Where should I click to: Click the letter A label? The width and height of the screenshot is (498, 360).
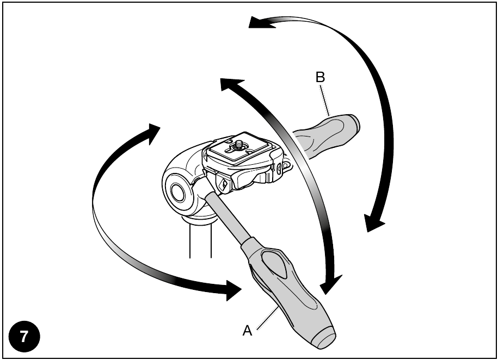click(x=247, y=331)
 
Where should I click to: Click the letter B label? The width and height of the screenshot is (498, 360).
click(x=320, y=77)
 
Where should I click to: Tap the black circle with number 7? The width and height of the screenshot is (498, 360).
click(x=24, y=337)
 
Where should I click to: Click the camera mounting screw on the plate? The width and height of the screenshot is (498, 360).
click(x=238, y=146)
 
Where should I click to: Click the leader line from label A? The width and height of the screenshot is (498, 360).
click(x=267, y=319)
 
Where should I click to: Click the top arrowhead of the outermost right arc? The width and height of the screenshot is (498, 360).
click(x=261, y=22)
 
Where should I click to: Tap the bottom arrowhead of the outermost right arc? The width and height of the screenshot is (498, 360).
click(x=374, y=223)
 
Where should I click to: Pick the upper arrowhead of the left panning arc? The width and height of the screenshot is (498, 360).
click(x=153, y=133)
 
